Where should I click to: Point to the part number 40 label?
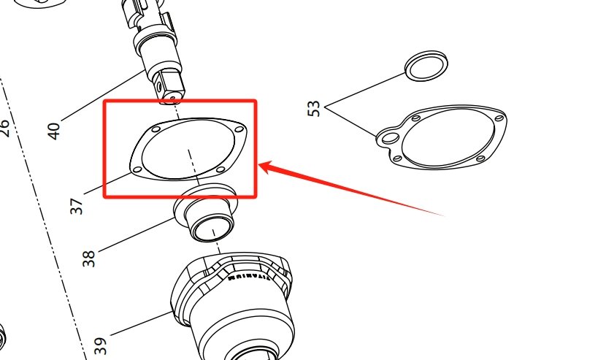[x=53, y=131]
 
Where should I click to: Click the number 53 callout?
[x=314, y=109]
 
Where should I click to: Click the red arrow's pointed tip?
[x=261, y=166]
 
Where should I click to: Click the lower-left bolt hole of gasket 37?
[x=137, y=169]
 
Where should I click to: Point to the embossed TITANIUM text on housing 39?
[x=250, y=277]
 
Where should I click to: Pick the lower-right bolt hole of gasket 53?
[x=480, y=160]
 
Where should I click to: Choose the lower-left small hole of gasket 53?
[x=396, y=158]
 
